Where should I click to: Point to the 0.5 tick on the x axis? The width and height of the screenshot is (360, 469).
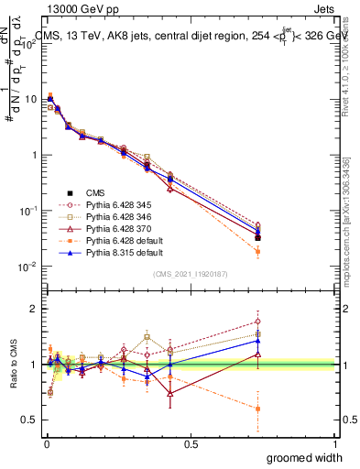(190, 444)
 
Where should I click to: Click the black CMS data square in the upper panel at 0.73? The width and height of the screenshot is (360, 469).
(257, 237)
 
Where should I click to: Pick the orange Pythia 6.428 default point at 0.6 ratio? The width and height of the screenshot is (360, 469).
(257, 409)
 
